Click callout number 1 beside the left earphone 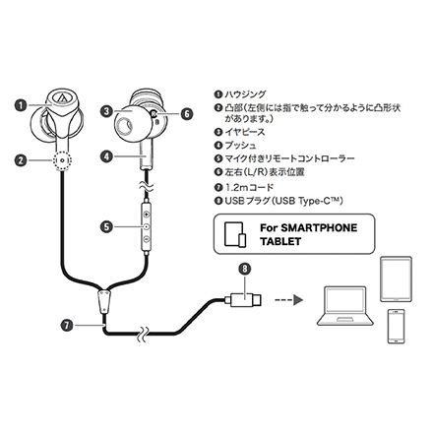(x=22, y=102)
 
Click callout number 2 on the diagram (x=22, y=157)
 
